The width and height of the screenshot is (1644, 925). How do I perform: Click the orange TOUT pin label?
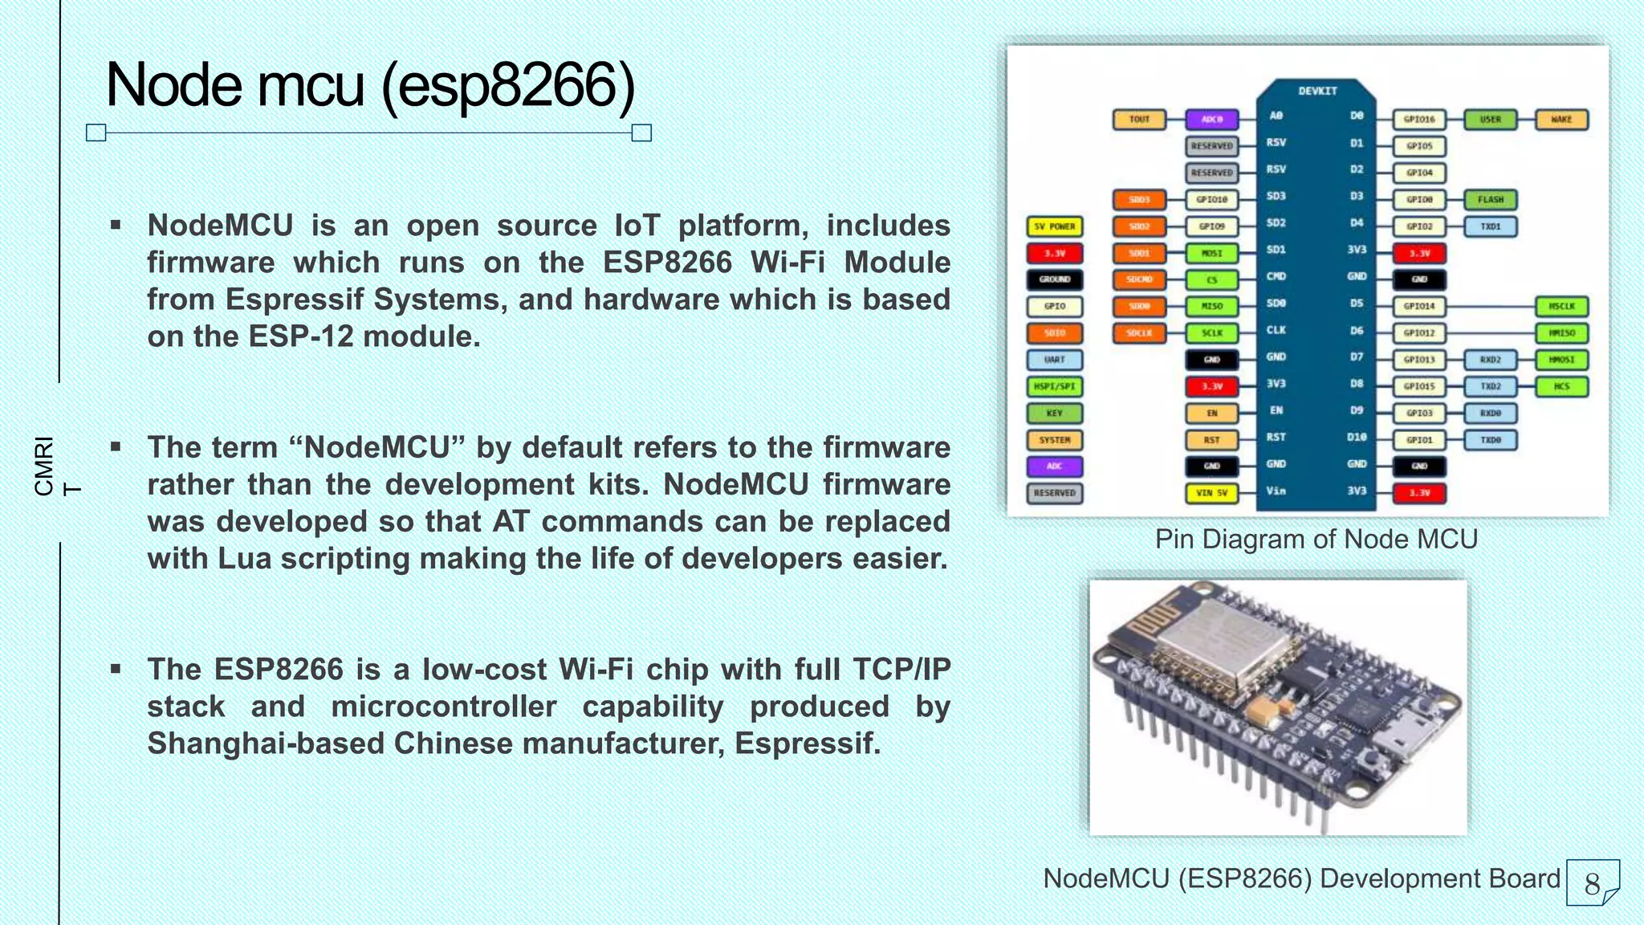point(1139,120)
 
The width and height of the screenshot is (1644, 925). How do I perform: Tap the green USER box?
point(1490,120)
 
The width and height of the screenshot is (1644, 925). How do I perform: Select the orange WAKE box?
point(1561,120)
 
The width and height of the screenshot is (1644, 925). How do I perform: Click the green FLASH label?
point(1490,200)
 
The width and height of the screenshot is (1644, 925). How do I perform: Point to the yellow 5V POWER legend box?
point(1055,226)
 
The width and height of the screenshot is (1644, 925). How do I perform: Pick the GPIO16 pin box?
point(1418,120)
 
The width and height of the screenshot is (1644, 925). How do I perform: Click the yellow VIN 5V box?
point(1211,493)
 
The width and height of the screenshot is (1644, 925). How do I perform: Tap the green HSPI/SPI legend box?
point(1055,387)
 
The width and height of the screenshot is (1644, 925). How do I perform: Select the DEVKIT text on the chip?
point(1317,92)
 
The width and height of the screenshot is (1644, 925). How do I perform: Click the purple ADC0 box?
point(1211,120)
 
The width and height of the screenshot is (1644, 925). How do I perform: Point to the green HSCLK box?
point(1561,307)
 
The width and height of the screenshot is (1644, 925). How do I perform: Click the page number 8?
point(1592,883)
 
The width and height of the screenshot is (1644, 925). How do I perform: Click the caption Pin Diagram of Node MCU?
point(1316,539)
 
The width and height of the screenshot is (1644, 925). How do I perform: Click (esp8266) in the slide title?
point(507,85)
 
